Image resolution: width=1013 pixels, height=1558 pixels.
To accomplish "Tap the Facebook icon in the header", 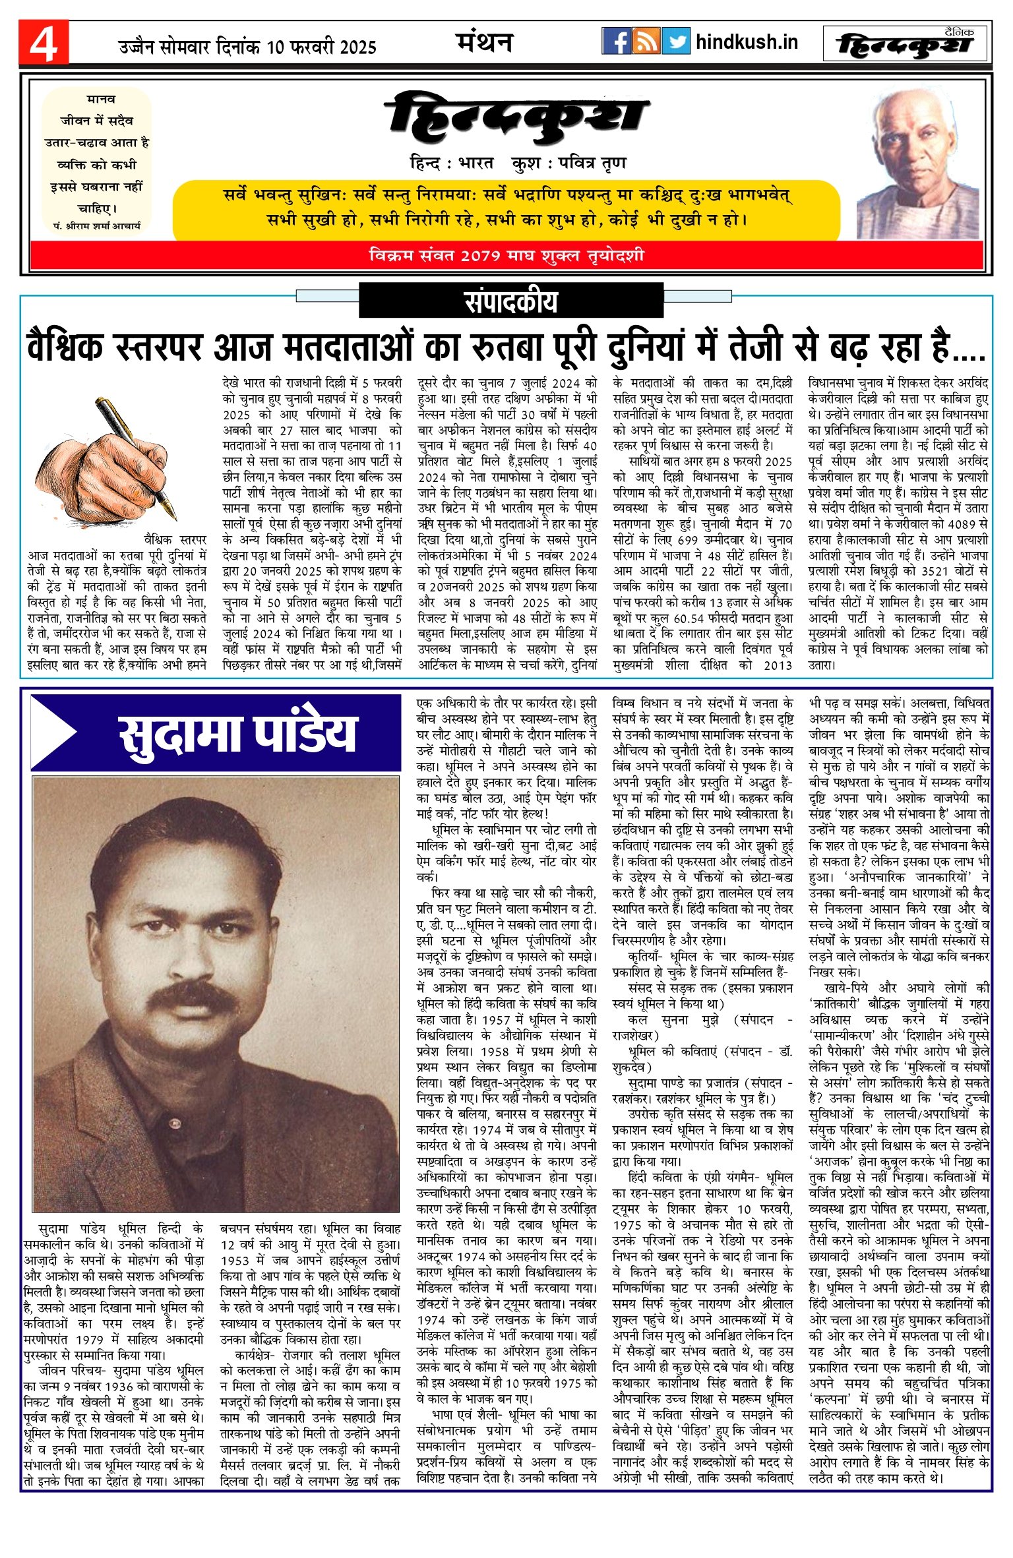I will point(616,42).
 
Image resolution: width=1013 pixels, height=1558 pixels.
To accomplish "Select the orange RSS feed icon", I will point(646,42).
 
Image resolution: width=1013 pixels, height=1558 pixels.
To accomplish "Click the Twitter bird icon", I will point(676,42).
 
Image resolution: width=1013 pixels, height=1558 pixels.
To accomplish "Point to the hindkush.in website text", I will point(747,43).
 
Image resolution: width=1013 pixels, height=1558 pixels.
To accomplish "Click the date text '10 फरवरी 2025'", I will point(322,47).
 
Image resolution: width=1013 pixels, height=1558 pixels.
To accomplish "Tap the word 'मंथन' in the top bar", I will point(485,42).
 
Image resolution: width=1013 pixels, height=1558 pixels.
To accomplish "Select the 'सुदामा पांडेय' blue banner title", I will point(237,733).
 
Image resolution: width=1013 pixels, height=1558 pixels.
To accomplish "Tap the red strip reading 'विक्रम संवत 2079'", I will point(506,256).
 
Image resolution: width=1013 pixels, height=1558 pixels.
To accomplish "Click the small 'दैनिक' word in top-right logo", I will point(958,32).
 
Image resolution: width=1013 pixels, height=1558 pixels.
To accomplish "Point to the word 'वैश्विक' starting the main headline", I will point(65,348).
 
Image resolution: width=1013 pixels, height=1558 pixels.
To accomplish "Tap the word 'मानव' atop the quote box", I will point(101,100).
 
